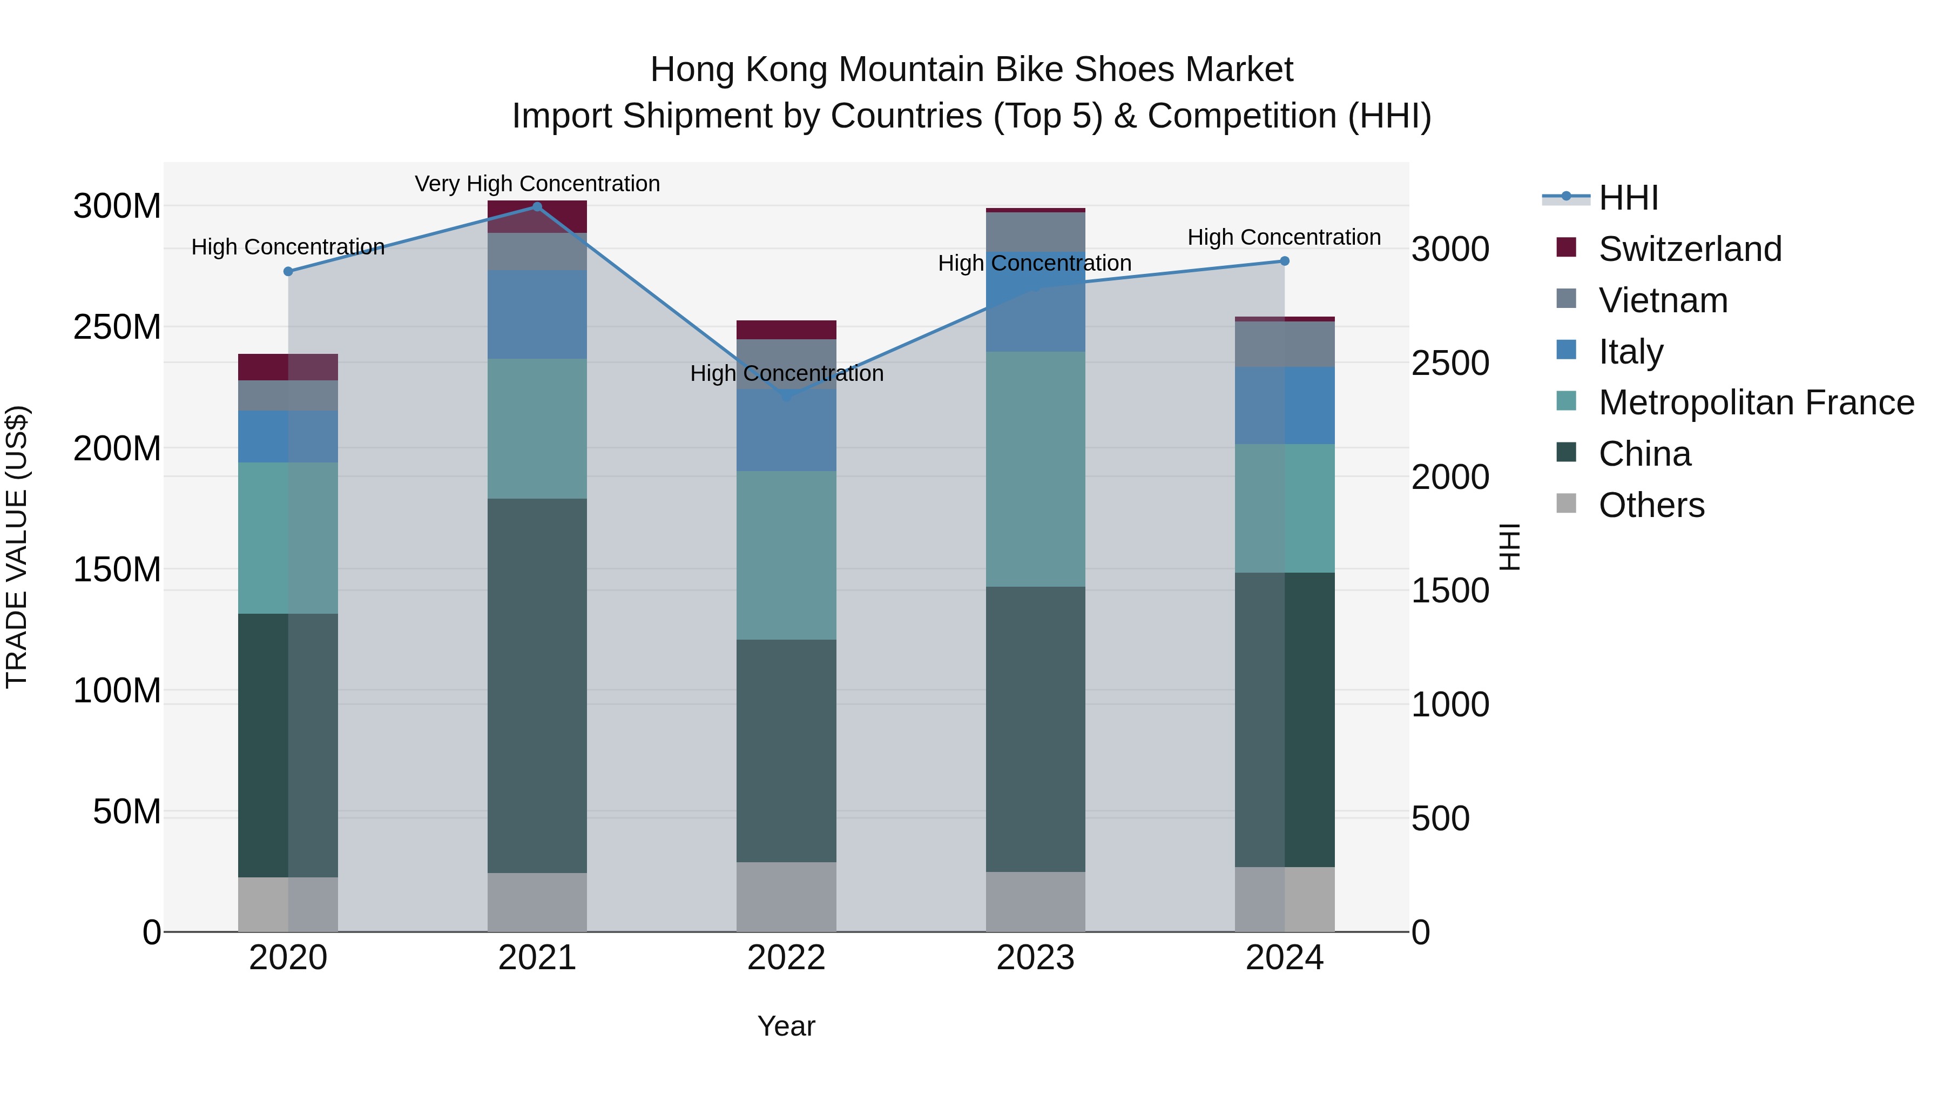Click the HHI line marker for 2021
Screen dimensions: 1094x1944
[537, 207]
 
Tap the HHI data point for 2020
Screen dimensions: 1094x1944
[288, 272]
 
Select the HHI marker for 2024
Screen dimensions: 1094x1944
[1285, 261]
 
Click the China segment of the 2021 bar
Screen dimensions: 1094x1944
[537, 686]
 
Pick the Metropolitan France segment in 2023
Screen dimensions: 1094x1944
[1035, 469]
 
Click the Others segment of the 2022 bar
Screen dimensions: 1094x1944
[786, 897]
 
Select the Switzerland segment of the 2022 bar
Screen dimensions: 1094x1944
[786, 330]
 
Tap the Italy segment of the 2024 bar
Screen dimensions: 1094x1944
[1285, 405]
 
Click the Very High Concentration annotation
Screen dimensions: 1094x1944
[537, 184]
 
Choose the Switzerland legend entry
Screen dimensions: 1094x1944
[1690, 249]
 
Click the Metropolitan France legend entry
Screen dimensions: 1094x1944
[1756, 403]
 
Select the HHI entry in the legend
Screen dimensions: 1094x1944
[1628, 198]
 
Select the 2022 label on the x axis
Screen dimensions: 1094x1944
[786, 958]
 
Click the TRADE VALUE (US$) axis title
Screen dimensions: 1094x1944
[17, 547]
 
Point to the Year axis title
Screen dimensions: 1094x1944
[786, 1026]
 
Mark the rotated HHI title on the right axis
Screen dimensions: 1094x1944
[1509, 547]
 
